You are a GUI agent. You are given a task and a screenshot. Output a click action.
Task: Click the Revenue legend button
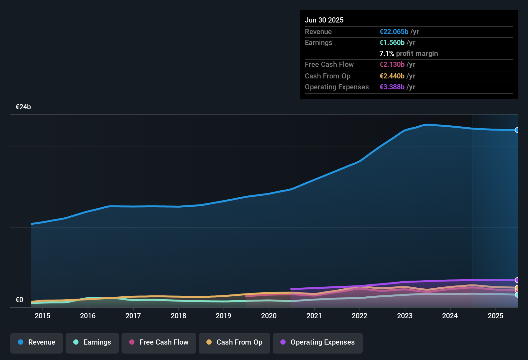tap(37, 342)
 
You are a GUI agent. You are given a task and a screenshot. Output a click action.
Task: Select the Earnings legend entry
tap(92, 342)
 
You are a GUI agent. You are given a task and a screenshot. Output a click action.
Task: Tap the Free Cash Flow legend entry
tap(159, 342)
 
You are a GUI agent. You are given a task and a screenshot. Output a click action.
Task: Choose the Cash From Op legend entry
tap(234, 342)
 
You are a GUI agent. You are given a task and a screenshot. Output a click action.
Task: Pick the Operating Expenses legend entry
tap(318, 342)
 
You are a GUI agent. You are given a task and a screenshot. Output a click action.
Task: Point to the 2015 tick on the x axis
tap(42, 316)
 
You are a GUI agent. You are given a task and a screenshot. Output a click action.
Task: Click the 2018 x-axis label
tap(178, 316)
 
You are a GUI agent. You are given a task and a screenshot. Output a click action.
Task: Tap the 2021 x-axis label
tap(314, 316)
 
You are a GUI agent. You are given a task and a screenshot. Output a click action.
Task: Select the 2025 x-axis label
tap(496, 316)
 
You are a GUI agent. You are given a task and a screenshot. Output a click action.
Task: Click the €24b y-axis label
tap(23, 107)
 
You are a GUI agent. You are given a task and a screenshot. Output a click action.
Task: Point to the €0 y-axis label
tap(19, 300)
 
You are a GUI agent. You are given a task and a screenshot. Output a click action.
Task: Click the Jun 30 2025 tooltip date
tap(324, 20)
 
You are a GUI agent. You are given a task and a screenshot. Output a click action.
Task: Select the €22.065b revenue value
tap(394, 32)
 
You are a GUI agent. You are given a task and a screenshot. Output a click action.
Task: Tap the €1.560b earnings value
tap(392, 42)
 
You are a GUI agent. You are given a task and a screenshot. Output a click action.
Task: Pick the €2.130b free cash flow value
tap(392, 64)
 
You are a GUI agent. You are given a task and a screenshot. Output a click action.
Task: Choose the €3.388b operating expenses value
tap(392, 87)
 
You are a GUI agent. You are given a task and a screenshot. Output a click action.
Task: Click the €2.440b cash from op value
tap(392, 76)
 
